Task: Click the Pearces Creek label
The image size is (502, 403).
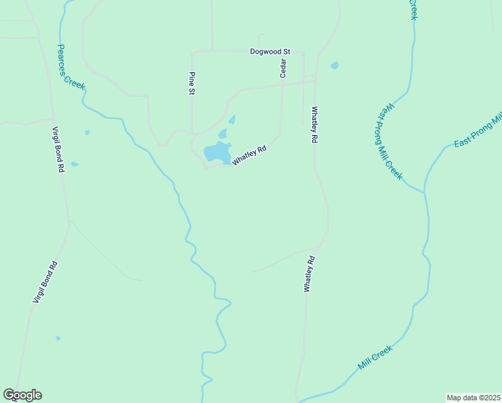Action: pos(70,67)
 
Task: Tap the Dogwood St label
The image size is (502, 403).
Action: pos(269,51)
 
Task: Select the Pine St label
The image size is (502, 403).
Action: pos(192,85)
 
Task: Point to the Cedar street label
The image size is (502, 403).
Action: pos(283,68)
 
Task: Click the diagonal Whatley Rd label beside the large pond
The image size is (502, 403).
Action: pos(250,156)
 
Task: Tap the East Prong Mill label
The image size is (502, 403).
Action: pos(477,132)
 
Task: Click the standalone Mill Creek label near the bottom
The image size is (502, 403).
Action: pos(374,358)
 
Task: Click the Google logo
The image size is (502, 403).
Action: pos(22,395)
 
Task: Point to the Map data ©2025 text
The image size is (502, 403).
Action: pos(473,398)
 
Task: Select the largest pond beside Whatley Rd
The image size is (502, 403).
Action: pos(217,152)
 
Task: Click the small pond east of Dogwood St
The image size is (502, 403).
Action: pos(334,66)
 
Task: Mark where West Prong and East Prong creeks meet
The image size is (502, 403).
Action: pos(424,193)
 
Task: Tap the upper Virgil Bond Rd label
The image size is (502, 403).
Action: pos(59,150)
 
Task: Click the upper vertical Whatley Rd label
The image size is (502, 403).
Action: pos(313,125)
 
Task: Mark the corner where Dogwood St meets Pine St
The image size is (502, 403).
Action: pos(193,52)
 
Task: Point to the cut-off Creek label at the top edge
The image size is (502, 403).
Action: pos(413,9)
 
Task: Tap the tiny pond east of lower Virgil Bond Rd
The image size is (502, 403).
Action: pos(58,338)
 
